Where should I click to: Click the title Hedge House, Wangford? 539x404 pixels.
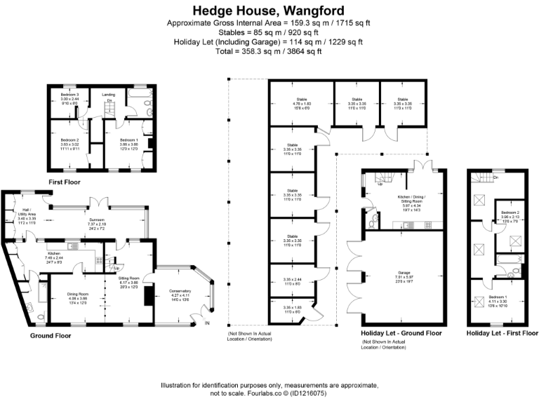(269, 11)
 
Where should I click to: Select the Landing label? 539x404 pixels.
(108, 94)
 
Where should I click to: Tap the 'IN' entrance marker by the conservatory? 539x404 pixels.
(207, 323)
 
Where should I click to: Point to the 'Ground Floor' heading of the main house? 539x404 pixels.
(51, 336)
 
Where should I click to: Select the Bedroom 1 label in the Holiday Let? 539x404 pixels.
(498, 297)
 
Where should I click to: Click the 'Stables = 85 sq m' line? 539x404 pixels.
(269, 32)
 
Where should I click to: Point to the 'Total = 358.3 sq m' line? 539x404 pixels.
(269, 51)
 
